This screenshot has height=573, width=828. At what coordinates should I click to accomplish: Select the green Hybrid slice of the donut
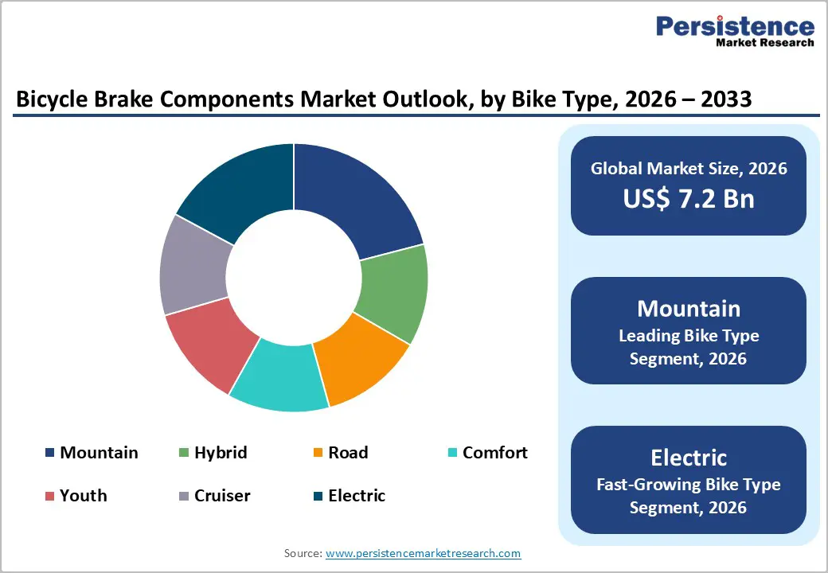[392, 293]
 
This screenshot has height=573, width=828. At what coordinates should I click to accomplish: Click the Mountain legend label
[99, 453]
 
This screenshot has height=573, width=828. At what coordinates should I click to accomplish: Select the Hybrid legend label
[221, 453]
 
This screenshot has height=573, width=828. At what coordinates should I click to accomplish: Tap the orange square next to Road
[318, 453]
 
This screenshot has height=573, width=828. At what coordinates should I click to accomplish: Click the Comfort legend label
[494, 453]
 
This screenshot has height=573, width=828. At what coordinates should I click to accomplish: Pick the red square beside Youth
[49, 496]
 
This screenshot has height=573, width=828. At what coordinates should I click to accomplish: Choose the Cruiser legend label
[222, 496]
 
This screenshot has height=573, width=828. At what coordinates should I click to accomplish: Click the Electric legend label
[357, 496]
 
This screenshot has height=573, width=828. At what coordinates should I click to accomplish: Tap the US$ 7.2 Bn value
[689, 199]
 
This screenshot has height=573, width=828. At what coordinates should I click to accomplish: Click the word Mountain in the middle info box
[689, 309]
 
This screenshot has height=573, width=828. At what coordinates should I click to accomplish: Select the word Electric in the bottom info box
[689, 458]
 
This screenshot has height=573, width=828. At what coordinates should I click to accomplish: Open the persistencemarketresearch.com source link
[423, 553]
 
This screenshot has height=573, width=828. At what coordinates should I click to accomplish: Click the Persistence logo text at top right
[735, 27]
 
